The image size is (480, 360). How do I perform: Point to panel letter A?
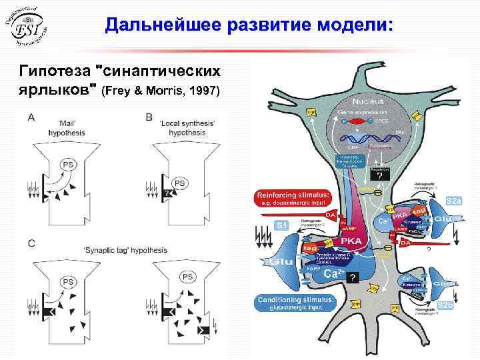click(x=31, y=117)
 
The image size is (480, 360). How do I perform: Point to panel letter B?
click(x=149, y=117)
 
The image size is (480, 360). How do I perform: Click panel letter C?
click(x=31, y=243)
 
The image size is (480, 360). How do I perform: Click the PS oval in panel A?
click(x=67, y=163)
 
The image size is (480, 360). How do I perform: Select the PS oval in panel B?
click(x=179, y=182)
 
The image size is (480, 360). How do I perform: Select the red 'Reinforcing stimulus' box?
click(x=293, y=199)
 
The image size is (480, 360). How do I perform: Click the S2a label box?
click(x=454, y=200)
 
